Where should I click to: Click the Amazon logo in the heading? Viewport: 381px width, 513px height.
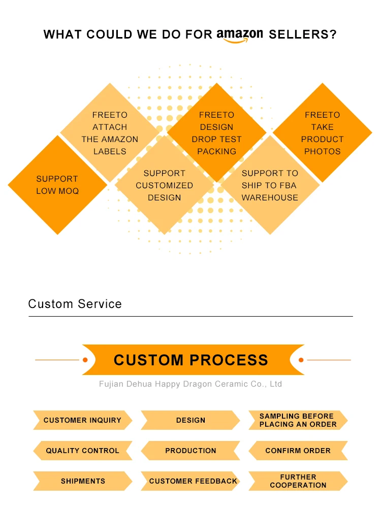click(x=240, y=36)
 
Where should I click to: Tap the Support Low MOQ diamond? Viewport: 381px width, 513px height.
click(x=57, y=185)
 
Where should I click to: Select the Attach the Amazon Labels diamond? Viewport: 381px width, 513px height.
click(x=110, y=133)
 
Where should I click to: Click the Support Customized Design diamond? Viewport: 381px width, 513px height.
click(x=164, y=185)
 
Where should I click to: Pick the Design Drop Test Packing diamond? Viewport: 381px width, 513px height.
click(x=217, y=133)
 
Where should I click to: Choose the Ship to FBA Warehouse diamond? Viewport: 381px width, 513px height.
click(x=270, y=185)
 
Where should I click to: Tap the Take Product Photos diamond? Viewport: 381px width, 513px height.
click(x=323, y=133)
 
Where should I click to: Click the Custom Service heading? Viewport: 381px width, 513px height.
click(x=75, y=304)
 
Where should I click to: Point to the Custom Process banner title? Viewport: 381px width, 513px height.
click(x=191, y=360)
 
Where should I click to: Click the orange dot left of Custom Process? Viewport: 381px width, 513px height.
click(x=85, y=360)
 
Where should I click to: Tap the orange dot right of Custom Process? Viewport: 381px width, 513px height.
click(x=301, y=360)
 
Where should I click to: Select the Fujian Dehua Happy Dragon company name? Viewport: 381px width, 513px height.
click(x=190, y=384)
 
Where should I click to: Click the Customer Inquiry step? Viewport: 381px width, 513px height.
click(x=82, y=420)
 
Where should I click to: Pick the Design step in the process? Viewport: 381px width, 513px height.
click(x=190, y=420)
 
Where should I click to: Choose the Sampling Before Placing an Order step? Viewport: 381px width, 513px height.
click(x=298, y=420)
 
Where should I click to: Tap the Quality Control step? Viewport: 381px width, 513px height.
click(x=82, y=451)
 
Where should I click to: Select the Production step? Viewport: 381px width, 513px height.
click(x=190, y=451)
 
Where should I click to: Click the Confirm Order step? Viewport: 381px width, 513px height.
click(x=298, y=451)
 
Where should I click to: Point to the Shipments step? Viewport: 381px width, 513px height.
click(x=82, y=481)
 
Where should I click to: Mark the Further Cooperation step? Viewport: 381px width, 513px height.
click(x=298, y=481)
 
